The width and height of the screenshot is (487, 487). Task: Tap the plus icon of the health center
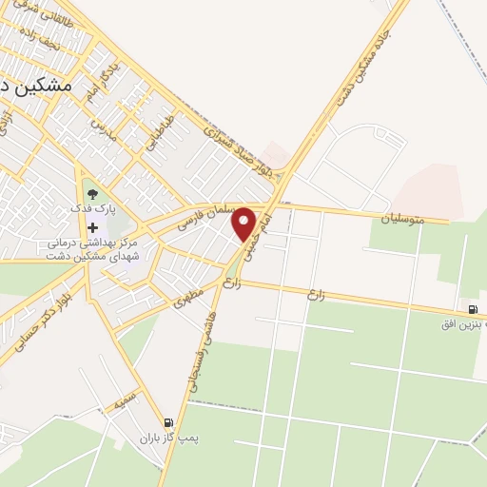pos(92,227)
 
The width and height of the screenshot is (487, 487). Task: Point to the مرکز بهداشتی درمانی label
pos(95,243)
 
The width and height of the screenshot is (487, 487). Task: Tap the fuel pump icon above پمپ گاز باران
pos(168,423)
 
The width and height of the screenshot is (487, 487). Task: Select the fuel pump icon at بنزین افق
pos(472,309)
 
